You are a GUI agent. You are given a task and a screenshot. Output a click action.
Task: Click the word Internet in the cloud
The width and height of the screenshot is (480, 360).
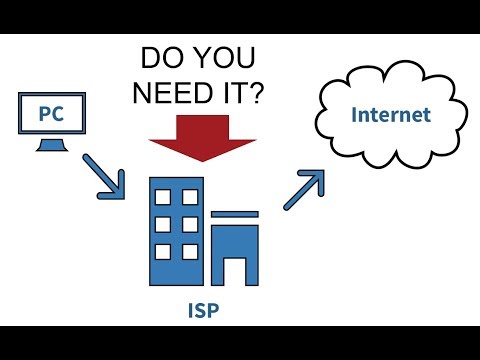[x=391, y=114]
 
